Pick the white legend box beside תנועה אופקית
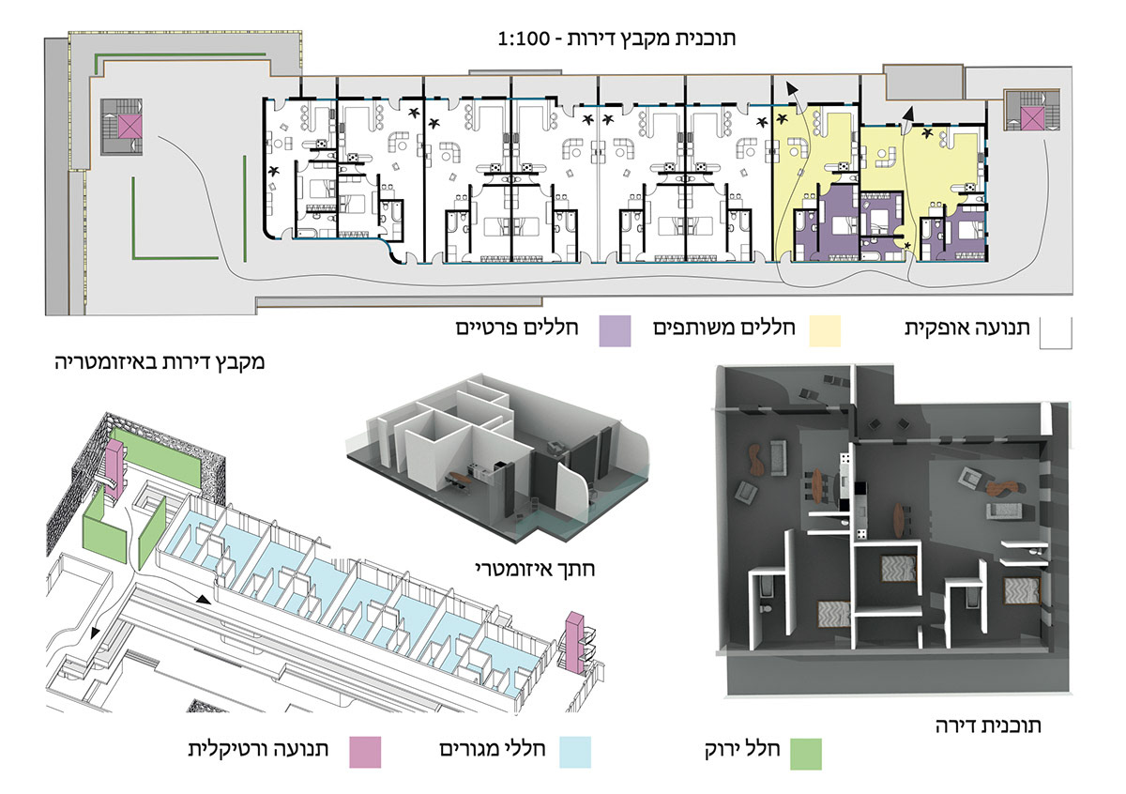(x=1056, y=332)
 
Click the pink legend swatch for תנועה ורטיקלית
(x=364, y=752)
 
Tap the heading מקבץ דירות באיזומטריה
(x=160, y=360)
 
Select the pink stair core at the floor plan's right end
(x=1031, y=117)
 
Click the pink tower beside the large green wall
(x=114, y=466)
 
